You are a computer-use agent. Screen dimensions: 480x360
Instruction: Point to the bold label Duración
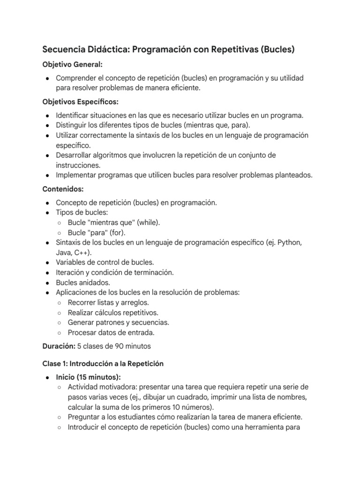coord(58,347)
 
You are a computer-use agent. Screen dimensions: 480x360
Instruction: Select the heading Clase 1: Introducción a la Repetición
coord(103,363)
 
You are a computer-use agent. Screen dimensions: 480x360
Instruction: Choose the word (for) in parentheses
coord(117,232)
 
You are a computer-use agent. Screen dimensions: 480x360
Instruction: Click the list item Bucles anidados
coord(83,282)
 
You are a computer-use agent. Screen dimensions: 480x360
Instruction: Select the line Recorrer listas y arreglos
coord(108,302)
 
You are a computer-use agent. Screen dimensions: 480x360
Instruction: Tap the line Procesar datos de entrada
coord(111,332)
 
